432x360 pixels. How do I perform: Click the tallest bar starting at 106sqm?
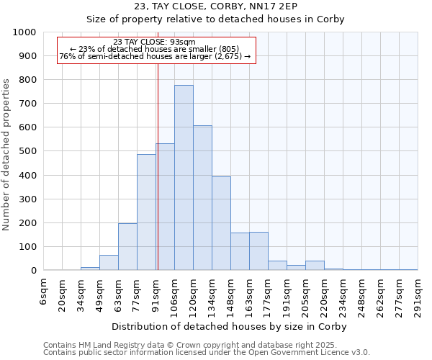tap(184, 178)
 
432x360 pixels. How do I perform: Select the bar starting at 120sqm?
tap(202, 198)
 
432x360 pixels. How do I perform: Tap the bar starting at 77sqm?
tap(146, 212)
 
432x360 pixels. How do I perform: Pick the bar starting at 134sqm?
tap(221, 223)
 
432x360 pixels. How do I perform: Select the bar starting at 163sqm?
tap(258, 251)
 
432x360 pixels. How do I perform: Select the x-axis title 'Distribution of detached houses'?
tap(230, 327)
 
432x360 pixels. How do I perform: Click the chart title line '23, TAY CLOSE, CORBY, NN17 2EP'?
tap(216, 6)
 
